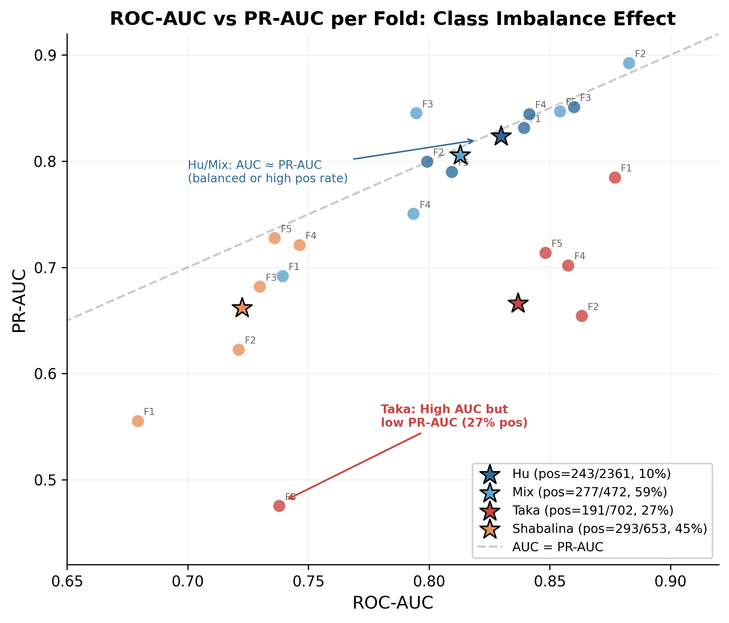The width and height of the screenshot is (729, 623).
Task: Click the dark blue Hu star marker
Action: [x=501, y=136]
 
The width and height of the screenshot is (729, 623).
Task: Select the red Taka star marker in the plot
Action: [x=518, y=303]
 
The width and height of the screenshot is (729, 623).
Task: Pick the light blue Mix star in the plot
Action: [x=460, y=155]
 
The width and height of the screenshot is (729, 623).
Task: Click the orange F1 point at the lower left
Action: [x=138, y=421]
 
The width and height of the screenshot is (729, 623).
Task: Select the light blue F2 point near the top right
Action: [x=629, y=63]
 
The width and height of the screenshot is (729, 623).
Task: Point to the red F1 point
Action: [x=615, y=178]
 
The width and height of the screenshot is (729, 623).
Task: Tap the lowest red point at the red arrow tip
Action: [x=279, y=506]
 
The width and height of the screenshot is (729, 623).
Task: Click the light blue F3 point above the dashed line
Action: [x=416, y=113]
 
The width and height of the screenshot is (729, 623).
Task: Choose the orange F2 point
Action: [x=239, y=350]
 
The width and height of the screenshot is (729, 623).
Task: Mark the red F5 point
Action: [x=545, y=253]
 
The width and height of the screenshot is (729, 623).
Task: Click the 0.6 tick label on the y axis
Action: [x=45, y=374]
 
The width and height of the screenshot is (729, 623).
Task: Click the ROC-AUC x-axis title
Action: [x=393, y=603]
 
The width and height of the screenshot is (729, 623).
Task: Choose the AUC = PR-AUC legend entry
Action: [x=557, y=547]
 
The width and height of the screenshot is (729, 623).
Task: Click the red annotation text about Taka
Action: [x=454, y=416]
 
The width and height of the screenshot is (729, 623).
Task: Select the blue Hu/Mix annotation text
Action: [x=267, y=171]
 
